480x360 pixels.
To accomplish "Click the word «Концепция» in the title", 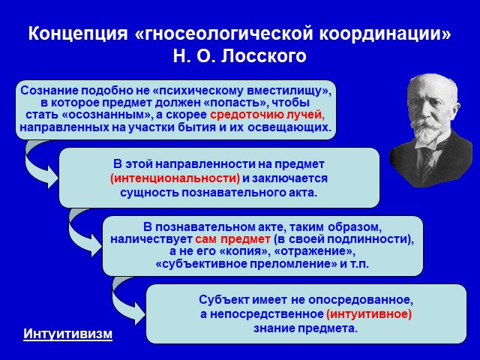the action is [78, 33].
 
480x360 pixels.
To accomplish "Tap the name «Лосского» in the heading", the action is [263, 56].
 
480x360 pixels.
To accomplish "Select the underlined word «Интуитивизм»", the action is [68, 334].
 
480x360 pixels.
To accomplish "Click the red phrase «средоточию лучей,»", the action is [268, 115].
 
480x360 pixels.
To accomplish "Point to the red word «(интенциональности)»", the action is [175, 178].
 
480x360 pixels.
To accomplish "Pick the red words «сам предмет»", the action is [233, 239].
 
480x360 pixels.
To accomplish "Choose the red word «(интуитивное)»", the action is [369, 314].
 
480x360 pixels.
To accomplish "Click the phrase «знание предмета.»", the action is [305, 328].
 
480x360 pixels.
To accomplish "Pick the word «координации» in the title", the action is [385, 34].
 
